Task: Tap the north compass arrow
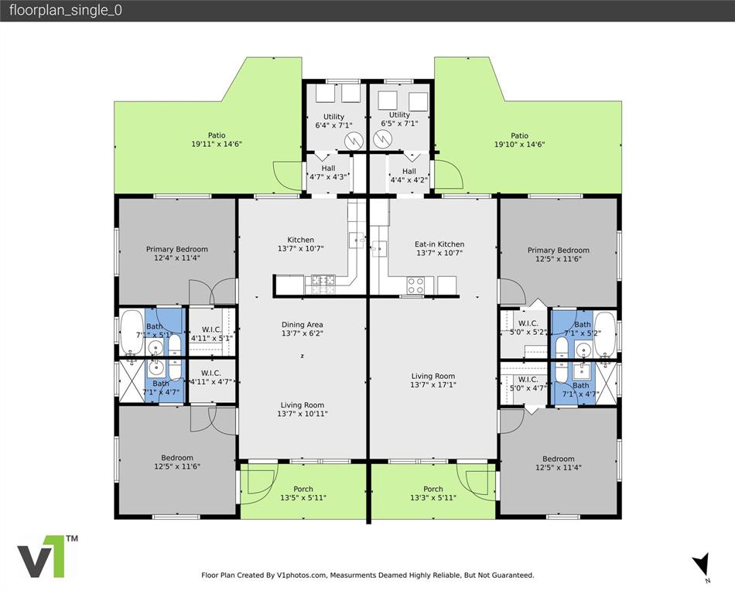(x=702, y=564)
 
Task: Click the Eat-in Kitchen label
(x=439, y=244)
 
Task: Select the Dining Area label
(x=302, y=324)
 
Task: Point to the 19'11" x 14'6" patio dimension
(x=217, y=145)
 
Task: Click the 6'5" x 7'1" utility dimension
(x=399, y=124)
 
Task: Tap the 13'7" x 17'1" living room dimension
(x=433, y=384)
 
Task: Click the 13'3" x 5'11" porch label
(x=433, y=493)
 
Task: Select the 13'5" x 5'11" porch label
(x=303, y=493)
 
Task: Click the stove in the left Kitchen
(x=323, y=285)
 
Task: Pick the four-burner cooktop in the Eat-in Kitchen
(x=415, y=285)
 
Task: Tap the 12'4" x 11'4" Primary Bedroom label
(x=176, y=254)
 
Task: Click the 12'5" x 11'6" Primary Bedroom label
(x=559, y=254)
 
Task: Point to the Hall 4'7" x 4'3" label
(x=328, y=172)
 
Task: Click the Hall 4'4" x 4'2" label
(x=409, y=176)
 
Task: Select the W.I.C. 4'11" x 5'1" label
(x=212, y=333)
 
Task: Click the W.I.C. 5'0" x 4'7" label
(x=528, y=384)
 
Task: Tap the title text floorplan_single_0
(x=66, y=10)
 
